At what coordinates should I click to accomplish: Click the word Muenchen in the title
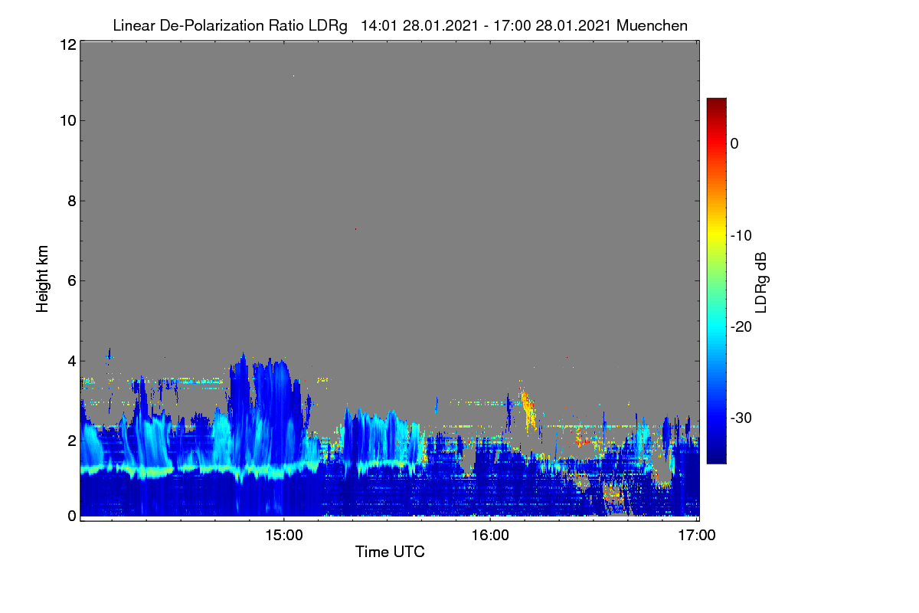point(652,25)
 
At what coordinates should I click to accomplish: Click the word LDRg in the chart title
point(328,26)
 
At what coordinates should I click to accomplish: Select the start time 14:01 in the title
point(379,25)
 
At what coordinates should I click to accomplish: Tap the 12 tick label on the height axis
point(68,44)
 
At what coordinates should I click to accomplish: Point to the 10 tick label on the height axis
point(68,121)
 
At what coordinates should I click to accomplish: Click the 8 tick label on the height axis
point(72,201)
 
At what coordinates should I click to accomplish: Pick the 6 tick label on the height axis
point(72,281)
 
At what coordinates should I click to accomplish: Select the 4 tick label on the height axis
point(72,361)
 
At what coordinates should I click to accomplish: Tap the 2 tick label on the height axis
point(72,441)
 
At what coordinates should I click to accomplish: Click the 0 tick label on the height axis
point(72,516)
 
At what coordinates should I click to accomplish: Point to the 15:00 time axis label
point(284,535)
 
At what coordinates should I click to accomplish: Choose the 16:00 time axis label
point(490,535)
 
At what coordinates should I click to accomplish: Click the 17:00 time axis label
point(697,535)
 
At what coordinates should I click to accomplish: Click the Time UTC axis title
point(390,552)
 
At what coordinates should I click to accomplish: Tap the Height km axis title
point(42,279)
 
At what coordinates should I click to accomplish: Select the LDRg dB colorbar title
point(761,283)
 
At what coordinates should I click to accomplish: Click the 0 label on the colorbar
point(734,144)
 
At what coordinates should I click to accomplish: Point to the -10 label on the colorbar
point(741,236)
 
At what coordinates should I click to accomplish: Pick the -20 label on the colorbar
point(741,327)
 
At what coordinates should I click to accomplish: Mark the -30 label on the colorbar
point(741,418)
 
